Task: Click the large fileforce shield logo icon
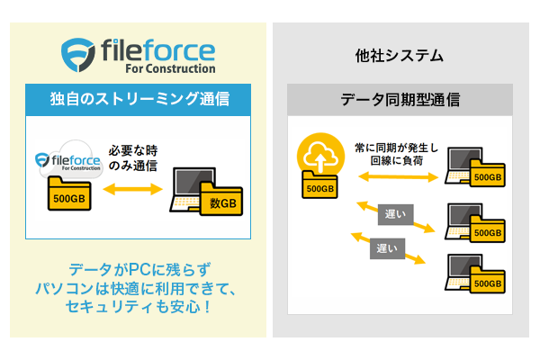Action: tap(78, 54)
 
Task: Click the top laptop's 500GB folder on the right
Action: tap(487, 175)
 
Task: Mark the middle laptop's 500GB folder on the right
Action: tap(487, 229)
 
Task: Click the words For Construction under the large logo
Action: tap(168, 68)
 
